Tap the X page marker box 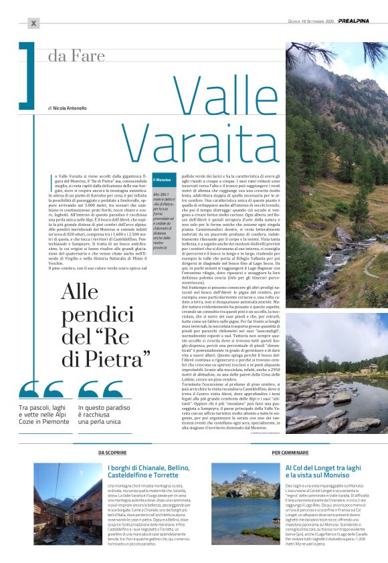[34, 23]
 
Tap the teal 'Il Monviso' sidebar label [163, 180]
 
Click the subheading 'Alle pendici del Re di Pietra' [106, 326]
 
